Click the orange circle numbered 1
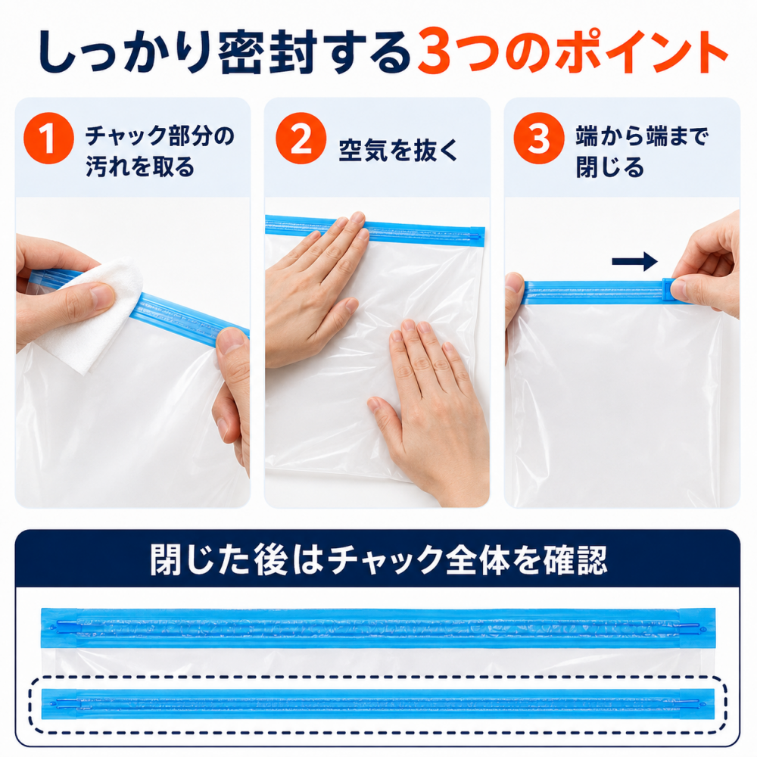48,138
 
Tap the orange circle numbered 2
301,138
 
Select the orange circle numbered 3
539,138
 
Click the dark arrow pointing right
634,262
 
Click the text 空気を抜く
398,150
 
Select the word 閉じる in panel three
609,167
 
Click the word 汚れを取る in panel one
140,167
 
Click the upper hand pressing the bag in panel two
314,290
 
